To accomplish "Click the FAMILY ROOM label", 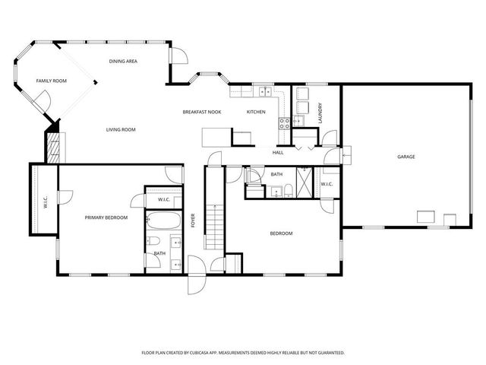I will [x=51, y=81].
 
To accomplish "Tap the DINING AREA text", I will [x=122, y=61].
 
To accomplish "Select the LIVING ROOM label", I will [x=120, y=130].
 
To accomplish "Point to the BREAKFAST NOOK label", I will [x=201, y=113].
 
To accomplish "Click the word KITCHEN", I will [x=256, y=113].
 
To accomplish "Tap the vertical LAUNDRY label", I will [x=321, y=113].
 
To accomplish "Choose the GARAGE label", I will [x=406, y=157].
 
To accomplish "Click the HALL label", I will [x=278, y=153].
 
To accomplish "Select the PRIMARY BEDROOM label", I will [x=106, y=217].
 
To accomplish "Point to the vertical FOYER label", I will [x=194, y=221].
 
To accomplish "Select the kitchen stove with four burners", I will [x=284, y=121].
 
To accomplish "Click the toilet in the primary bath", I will [x=153, y=260].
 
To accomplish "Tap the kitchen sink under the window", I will [x=266, y=92].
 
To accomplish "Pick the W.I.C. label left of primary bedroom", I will [x=46, y=203].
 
